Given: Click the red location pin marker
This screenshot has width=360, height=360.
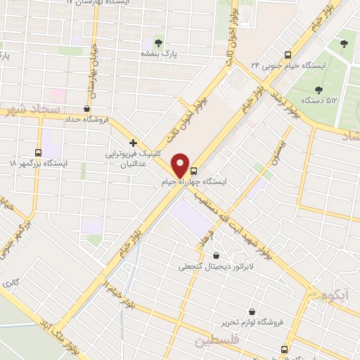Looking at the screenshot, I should [x=181, y=165].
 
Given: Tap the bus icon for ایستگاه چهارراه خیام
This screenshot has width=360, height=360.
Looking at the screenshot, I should [x=194, y=170].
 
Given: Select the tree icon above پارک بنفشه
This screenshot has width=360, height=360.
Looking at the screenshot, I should [x=157, y=43].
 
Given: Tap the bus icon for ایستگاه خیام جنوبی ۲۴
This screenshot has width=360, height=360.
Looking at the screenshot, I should [x=288, y=55].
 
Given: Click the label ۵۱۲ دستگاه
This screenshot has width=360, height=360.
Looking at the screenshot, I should [x=320, y=101].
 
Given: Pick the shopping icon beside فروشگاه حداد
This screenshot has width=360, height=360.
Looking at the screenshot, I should [x=86, y=108].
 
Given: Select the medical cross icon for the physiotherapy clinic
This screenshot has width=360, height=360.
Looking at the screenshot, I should [x=133, y=143].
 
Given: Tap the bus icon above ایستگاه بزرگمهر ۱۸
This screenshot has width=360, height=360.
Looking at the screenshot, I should [x=38, y=152].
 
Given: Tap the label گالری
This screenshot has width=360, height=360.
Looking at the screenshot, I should [x=11, y=283].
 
